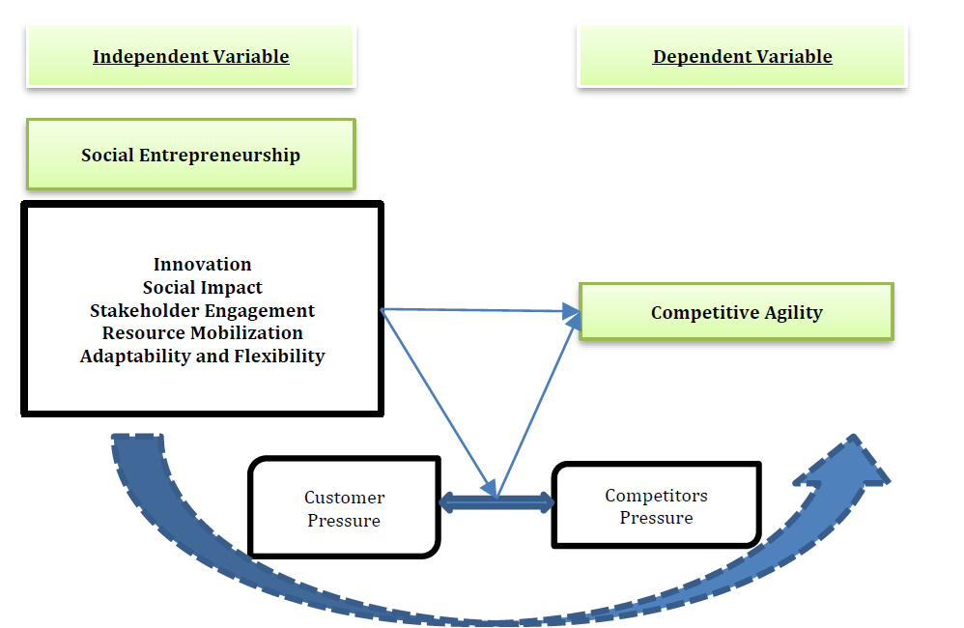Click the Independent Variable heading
coord(190,57)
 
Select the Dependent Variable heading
coord(742,57)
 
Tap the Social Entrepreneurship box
coord(191,155)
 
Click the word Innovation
coord(202,264)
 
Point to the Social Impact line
coord(202,287)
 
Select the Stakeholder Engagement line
coord(202,310)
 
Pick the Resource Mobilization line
coord(202,332)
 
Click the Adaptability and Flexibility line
coord(202,357)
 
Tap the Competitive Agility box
coord(736,312)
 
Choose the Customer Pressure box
coord(344,507)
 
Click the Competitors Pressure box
coord(657,505)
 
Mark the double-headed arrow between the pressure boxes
coord(496,502)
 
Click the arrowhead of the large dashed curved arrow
coord(848,465)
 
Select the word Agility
coord(793,313)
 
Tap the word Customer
coord(344,497)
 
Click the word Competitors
coord(657,495)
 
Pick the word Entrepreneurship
coord(220,155)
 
